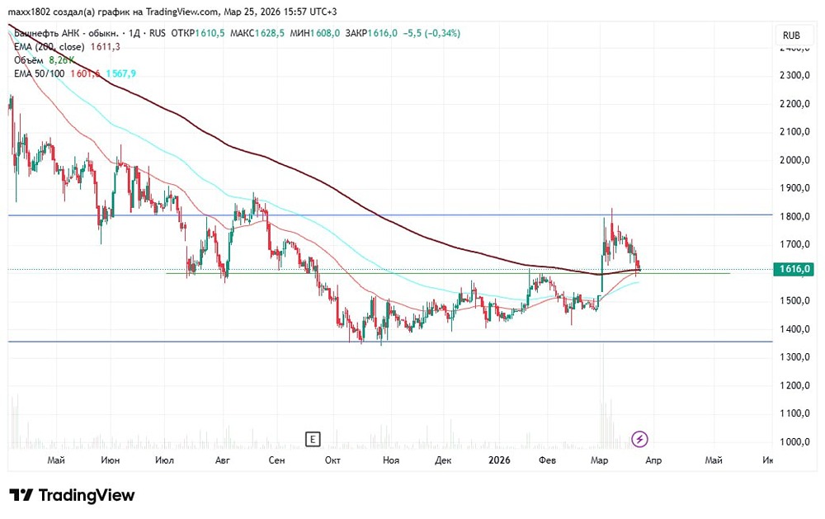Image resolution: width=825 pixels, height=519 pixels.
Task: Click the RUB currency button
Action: point(791,35)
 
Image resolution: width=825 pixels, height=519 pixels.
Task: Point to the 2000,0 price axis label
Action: point(797,160)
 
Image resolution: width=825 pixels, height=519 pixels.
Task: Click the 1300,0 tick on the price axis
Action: point(797,357)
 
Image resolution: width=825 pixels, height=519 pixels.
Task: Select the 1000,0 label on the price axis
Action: point(797,441)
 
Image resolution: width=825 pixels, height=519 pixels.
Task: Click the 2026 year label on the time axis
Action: point(499,460)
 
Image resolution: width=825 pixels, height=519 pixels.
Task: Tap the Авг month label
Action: point(221,460)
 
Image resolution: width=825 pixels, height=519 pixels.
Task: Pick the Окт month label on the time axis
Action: point(332,460)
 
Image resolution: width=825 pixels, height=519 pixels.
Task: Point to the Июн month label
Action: point(110,460)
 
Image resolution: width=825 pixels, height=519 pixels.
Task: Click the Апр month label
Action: point(653,460)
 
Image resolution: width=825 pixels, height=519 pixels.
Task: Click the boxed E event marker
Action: point(312,438)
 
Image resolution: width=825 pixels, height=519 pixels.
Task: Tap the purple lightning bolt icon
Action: point(639,438)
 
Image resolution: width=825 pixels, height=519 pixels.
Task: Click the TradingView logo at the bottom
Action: point(72,495)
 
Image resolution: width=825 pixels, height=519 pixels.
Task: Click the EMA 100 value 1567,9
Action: point(120,73)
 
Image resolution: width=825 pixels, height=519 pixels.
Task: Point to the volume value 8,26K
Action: point(62,60)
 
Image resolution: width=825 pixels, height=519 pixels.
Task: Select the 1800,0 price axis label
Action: point(797,216)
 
